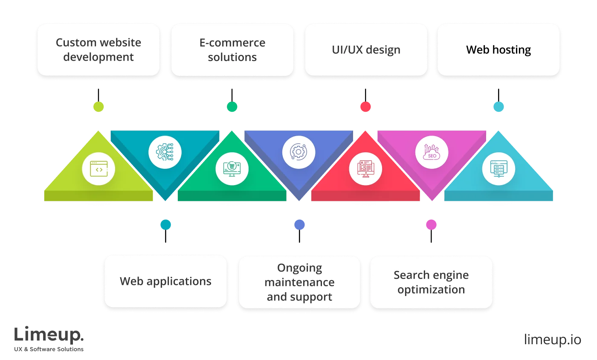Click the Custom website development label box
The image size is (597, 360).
click(99, 50)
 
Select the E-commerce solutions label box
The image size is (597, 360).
click(232, 50)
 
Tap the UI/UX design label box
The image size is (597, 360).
click(366, 50)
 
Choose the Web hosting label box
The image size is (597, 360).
click(498, 50)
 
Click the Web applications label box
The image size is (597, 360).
click(165, 282)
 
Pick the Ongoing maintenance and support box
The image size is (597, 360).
click(299, 282)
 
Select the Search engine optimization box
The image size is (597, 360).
click(431, 282)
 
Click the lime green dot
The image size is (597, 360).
click(99, 107)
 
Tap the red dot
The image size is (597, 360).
click(365, 107)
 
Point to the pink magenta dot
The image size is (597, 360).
click(431, 224)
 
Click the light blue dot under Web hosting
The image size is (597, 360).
click(498, 107)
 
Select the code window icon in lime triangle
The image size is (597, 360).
click(99, 169)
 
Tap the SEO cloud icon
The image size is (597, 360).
click(431, 152)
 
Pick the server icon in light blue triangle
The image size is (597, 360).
click(498, 169)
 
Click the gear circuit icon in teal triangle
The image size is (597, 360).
click(165, 152)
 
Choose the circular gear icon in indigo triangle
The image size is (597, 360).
click(298, 152)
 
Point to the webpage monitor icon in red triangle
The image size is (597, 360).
click(365, 169)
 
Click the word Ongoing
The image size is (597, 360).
click(299, 268)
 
